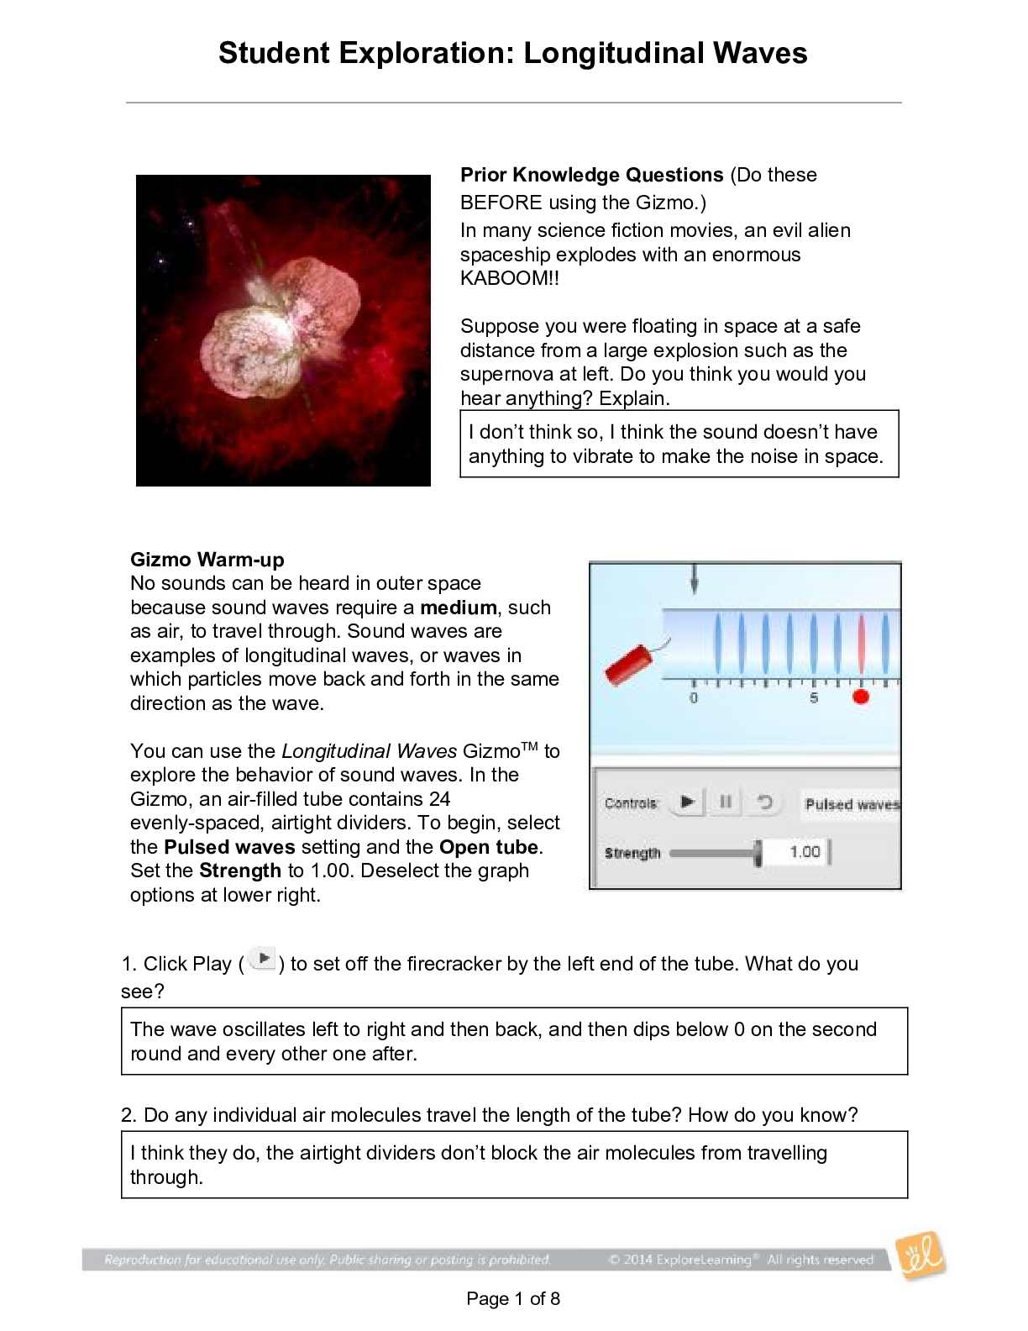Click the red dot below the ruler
click(860, 697)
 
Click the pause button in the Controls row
click(726, 802)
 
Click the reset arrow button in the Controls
click(764, 802)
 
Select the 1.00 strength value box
click(804, 852)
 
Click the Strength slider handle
click(758, 853)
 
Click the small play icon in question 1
click(264, 959)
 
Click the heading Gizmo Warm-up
click(207, 560)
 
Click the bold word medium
click(459, 608)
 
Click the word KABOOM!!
click(509, 279)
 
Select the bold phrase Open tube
click(490, 847)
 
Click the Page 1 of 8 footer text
click(513, 1299)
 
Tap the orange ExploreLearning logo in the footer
click(920, 1256)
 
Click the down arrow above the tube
click(694, 579)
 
